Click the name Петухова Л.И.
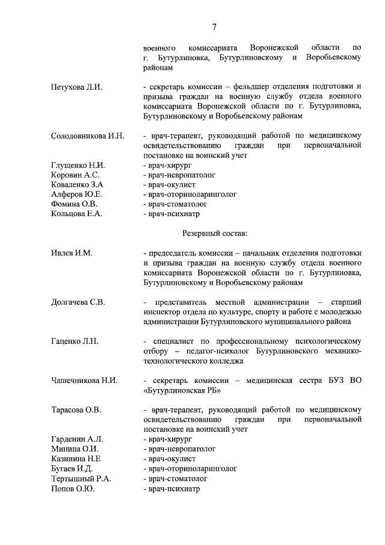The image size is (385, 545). point(76,87)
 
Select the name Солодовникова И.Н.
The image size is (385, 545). point(88,136)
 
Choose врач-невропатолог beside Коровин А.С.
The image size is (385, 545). point(179,175)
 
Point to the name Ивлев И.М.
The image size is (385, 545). point(72,253)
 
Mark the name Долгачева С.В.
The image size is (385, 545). point(78,302)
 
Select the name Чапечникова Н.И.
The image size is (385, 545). point(84,381)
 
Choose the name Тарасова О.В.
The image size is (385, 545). point(76,410)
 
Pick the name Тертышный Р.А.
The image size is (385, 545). point(82,479)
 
